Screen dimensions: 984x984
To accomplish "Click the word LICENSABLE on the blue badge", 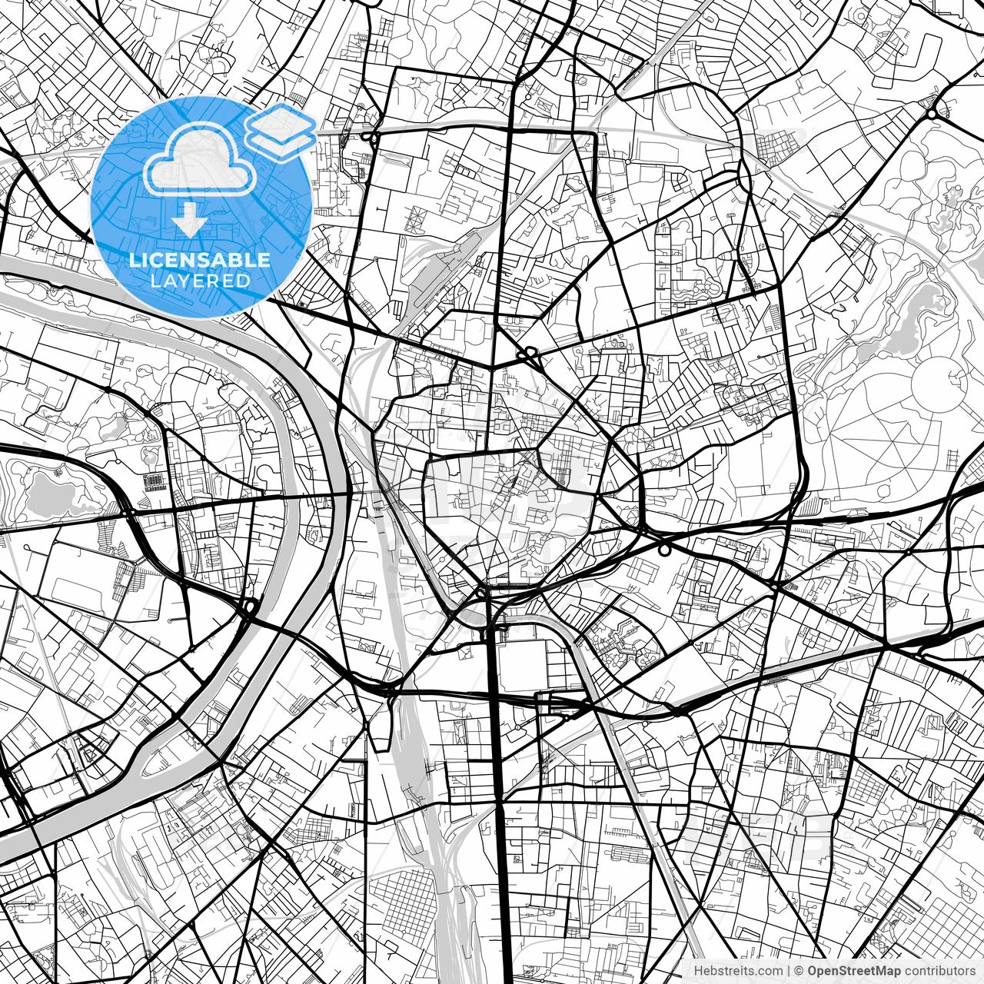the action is [x=200, y=260].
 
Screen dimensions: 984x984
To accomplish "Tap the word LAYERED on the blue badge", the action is [x=200, y=281].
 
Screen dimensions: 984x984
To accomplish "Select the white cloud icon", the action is [x=200, y=160].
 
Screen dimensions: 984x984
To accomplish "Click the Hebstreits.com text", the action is [x=739, y=971].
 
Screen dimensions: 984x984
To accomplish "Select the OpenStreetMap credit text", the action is [x=854, y=971].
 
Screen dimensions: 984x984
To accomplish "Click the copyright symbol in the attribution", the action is [x=799, y=971].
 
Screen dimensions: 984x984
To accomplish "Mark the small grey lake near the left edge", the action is [x=46, y=492].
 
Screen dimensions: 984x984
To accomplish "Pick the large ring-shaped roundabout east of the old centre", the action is [x=664, y=550].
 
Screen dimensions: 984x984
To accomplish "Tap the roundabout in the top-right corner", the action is [x=932, y=114].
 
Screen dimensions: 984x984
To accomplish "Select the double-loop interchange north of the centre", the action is [x=529, y=354].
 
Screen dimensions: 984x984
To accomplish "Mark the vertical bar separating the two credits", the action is [x=790, y=971].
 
